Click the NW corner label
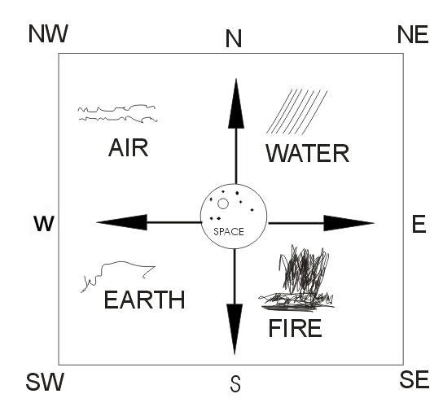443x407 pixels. point(48,34)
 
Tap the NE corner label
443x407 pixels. point(413,34)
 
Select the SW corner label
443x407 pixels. point(45,382)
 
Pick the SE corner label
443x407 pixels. point(414,379)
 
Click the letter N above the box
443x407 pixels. point(234,38)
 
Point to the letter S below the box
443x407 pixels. point(235,383)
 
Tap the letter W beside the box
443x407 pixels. point(44,223)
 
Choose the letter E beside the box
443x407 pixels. point(419,223)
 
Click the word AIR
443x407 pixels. point(129,147)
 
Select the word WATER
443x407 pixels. point(308,153)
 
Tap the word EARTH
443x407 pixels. point(144,300)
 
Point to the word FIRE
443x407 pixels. point(296,328)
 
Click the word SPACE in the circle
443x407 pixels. point(229,232)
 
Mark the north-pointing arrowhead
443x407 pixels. point(236,103)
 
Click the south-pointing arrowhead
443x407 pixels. point(235,329)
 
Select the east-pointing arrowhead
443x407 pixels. point(349,223)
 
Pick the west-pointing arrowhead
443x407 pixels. point(122,222)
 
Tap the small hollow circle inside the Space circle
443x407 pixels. point(223,203)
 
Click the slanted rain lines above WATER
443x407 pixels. point(296,112)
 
